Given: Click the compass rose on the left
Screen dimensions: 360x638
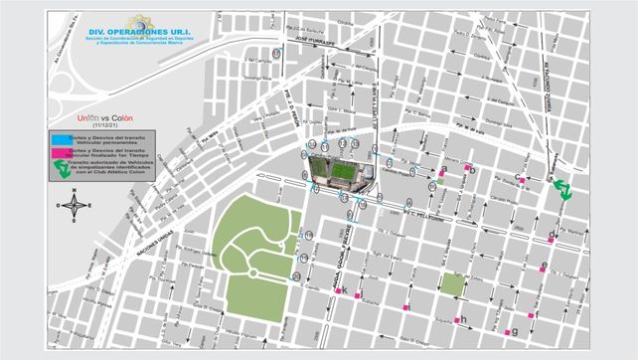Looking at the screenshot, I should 72,206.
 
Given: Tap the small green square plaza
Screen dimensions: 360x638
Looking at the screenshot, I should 452,284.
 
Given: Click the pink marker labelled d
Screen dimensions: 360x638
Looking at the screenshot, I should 551,238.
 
